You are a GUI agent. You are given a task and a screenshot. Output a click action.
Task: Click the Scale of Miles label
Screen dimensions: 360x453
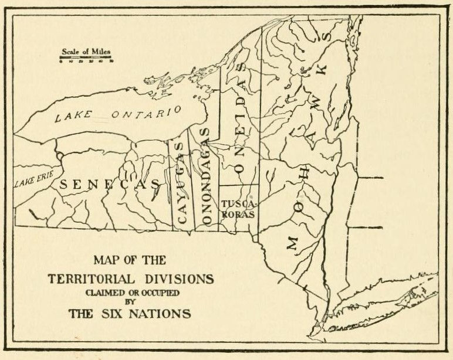[86, 52]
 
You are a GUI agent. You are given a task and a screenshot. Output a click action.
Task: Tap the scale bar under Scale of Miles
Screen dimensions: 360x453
[86, 59]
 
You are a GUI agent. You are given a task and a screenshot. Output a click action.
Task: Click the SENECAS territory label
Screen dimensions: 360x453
[109, 184]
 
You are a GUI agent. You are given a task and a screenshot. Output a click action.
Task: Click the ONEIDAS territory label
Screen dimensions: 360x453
[239, 117]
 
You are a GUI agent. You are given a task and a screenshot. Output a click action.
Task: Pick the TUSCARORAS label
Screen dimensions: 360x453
[238, 209]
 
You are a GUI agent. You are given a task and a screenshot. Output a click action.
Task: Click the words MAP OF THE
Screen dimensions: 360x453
[130, 260]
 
